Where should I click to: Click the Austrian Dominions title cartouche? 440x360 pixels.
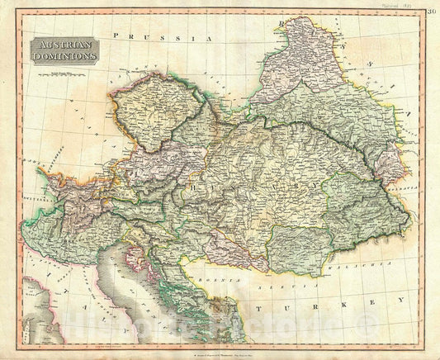point(64,51)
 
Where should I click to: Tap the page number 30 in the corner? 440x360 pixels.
point(432,10)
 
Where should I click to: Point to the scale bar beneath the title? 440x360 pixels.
point(68,73)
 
